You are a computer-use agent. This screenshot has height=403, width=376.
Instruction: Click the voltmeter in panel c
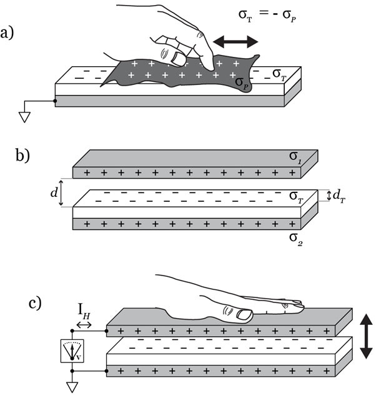point(73,351)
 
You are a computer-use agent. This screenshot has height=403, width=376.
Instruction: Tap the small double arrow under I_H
point(84,324)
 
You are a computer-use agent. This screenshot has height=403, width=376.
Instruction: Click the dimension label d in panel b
point(53,194)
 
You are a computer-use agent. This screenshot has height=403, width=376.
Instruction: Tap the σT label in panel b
point(296,196)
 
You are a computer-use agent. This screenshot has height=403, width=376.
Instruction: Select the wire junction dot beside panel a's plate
point(56,100)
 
